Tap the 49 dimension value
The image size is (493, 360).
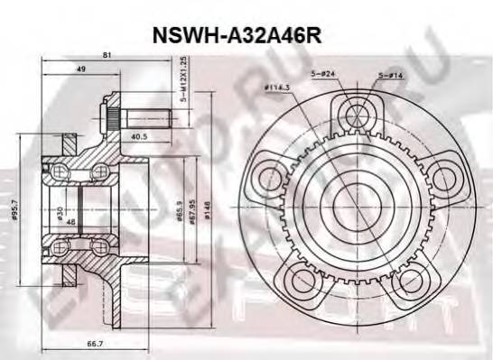pos(82,69)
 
